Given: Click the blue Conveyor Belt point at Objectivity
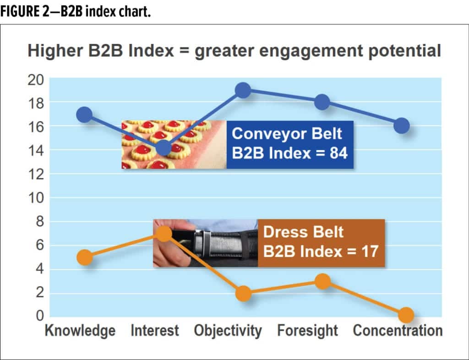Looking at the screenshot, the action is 243,90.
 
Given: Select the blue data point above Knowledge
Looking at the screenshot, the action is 84,115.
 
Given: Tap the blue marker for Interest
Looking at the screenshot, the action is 164,147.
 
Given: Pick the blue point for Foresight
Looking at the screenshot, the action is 322,102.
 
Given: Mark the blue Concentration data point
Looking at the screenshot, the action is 401,126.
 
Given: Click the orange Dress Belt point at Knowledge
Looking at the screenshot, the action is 85,257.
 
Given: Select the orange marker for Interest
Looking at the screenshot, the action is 164,234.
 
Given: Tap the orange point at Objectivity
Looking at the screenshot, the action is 244,293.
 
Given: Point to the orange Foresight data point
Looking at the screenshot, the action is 323,281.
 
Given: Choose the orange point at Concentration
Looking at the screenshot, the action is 406,315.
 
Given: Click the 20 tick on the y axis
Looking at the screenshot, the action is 36,80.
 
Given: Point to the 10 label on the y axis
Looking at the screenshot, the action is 36,198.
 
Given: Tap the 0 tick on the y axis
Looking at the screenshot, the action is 40,316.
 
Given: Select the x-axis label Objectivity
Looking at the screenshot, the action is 228,331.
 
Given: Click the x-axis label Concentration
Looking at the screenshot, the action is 398,331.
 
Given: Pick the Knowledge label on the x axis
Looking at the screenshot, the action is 80,331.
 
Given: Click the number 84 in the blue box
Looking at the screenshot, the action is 338,153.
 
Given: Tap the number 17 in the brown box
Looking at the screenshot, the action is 370,251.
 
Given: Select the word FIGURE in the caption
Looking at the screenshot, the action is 19,11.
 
